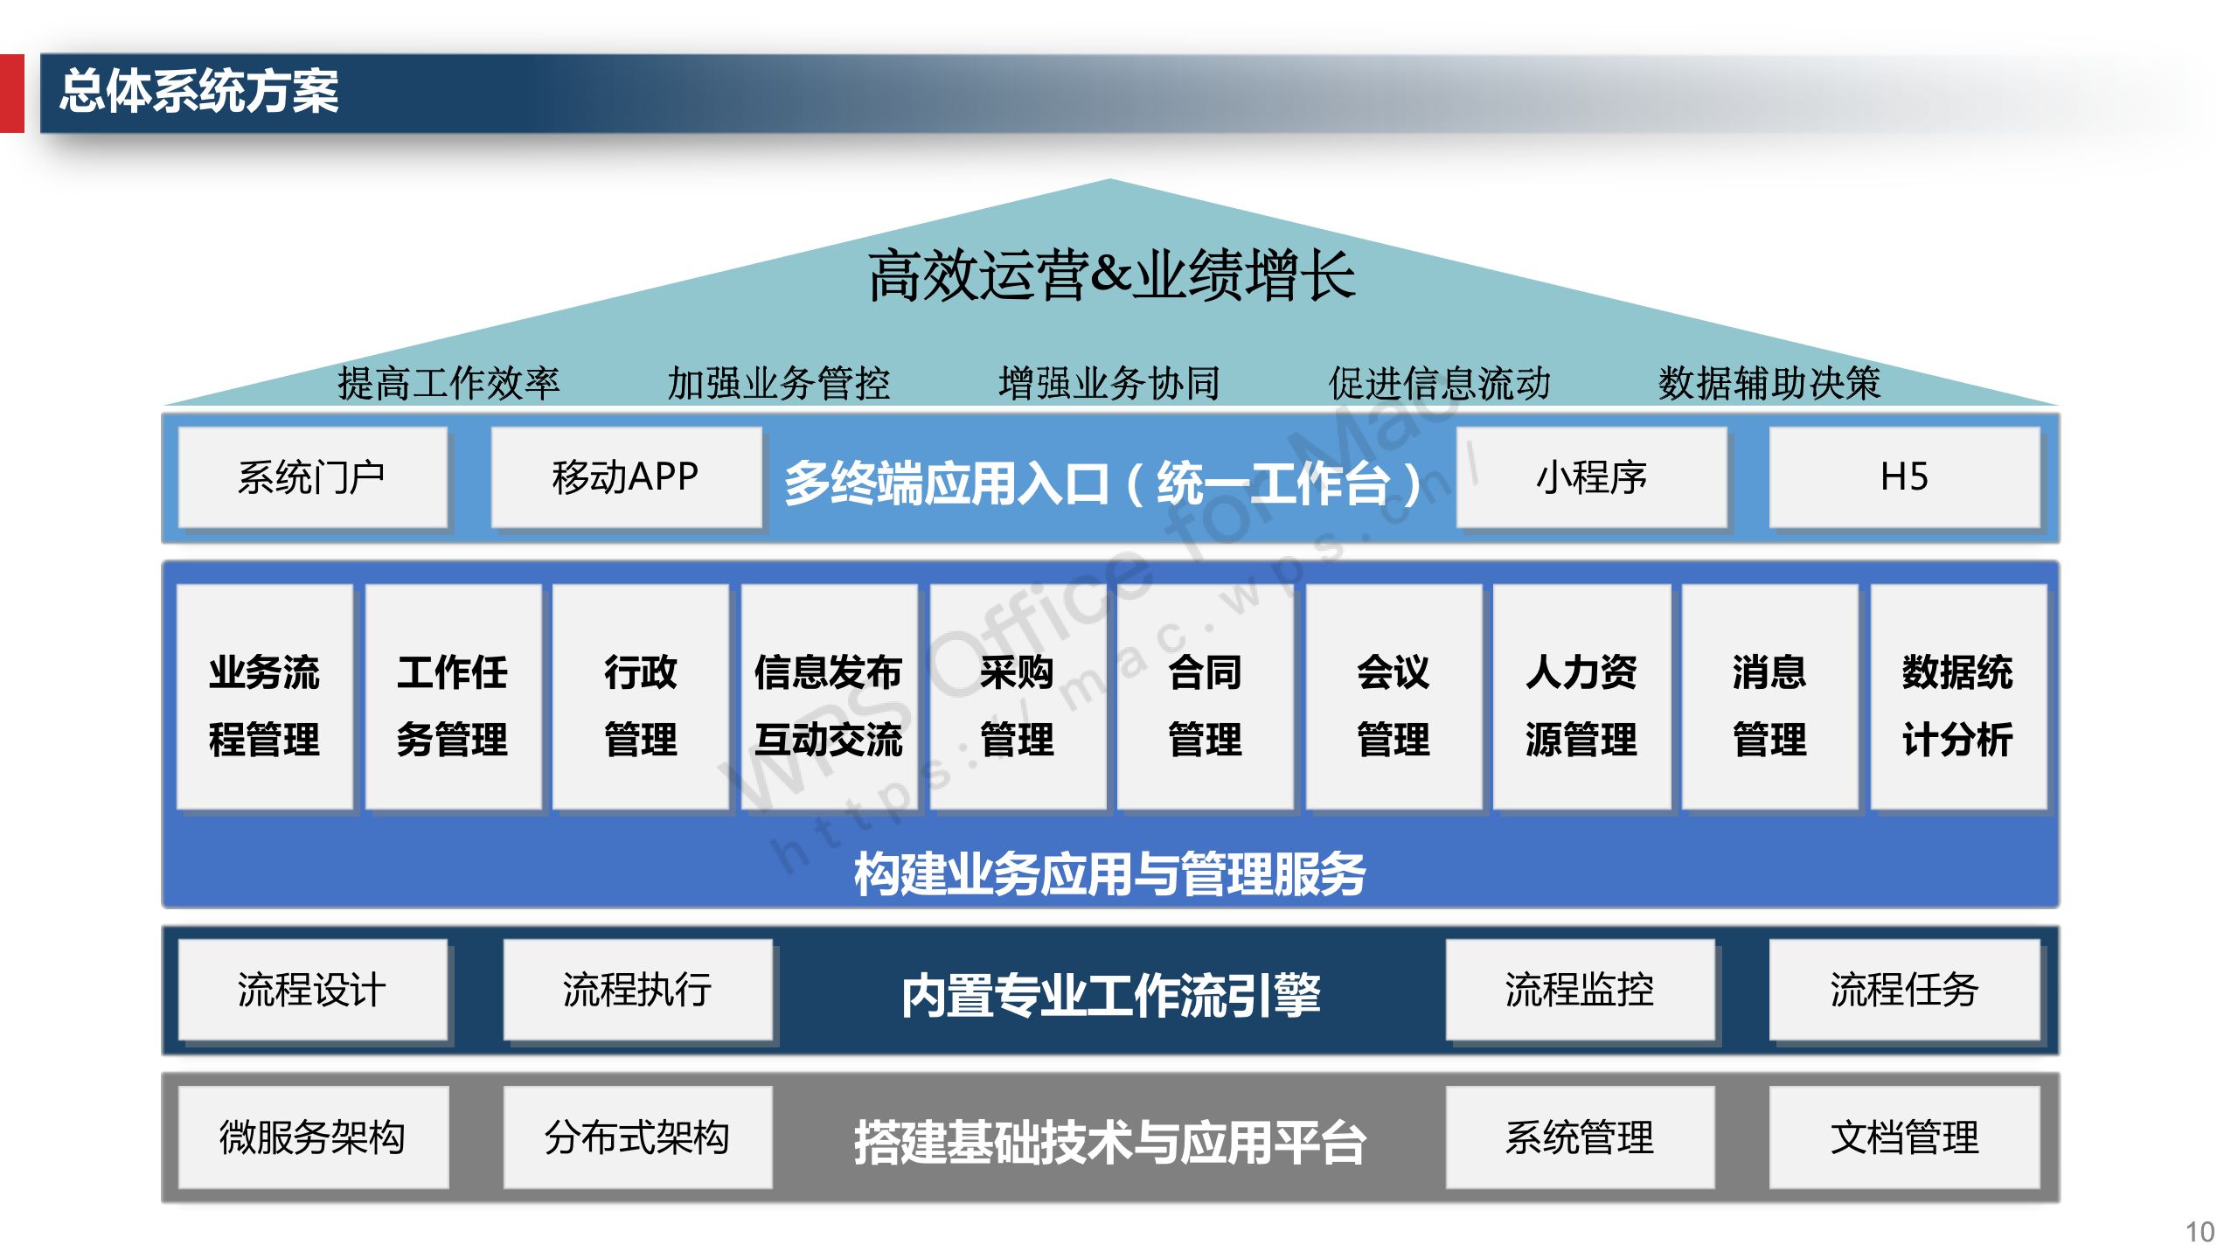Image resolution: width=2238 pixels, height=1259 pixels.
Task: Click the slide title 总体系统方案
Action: coord(199,91)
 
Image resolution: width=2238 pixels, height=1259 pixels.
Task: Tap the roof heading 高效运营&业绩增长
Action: coord(1112,275)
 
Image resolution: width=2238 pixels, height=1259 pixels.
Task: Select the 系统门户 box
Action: coord(312,477)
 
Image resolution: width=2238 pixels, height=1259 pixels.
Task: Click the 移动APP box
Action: coord(626,477)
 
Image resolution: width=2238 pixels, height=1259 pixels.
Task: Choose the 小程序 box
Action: coord(1592,477)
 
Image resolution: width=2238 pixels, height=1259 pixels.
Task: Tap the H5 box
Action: coord(1905,477)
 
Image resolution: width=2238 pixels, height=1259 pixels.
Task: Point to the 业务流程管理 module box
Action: coord(265,697)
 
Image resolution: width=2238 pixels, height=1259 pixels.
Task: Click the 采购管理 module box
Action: coord(1018,697)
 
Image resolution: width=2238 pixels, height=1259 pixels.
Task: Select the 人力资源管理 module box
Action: coord(1581,697)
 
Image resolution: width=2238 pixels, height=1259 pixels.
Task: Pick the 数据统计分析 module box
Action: coord(1958,697)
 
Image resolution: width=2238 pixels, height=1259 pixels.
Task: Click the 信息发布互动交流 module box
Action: coord(829,697)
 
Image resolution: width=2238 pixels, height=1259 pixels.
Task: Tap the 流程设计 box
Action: coord(312,990)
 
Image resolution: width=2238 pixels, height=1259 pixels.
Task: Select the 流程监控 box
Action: coord(1580,990)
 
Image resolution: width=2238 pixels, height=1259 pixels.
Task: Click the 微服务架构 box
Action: coord(313,1137)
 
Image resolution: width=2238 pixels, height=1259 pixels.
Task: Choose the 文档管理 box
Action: coord(1905,1137)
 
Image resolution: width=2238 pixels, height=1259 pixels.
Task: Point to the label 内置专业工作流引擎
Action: coord(1110,995)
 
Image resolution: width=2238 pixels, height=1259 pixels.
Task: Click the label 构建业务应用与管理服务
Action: coord(1110,873)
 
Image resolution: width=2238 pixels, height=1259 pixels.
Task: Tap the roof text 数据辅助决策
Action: coord(1769,383)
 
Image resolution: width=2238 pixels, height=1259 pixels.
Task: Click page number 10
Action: coord(2200,1232)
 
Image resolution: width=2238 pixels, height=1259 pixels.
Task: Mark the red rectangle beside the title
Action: coord(12,94)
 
